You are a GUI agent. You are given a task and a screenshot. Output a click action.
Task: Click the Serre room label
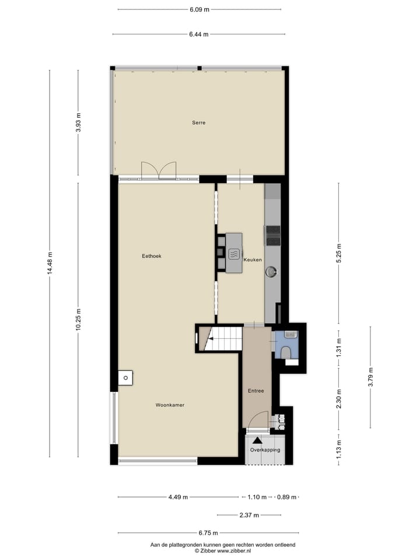199,123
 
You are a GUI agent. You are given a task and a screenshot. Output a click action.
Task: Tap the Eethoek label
151,256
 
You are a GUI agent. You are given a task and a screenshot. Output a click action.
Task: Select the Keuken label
253,260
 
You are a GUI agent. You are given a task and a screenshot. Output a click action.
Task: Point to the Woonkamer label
170,405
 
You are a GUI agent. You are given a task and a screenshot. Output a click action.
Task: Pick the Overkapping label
265,450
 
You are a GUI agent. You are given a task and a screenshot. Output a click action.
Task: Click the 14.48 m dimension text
50,263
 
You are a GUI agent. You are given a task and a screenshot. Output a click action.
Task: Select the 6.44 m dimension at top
199,34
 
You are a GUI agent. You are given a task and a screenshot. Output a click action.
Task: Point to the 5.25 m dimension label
339,254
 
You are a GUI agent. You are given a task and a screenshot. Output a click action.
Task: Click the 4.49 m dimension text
178,498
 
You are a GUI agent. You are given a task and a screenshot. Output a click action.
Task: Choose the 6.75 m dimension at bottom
208,533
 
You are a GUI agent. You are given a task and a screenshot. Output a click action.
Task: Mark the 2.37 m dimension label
249,515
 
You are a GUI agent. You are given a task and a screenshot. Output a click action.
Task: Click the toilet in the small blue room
287,353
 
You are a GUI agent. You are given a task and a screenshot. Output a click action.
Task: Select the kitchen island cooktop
233,253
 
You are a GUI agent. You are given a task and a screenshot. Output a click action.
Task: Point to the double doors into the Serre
159,170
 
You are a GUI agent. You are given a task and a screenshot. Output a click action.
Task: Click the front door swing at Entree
256,422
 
